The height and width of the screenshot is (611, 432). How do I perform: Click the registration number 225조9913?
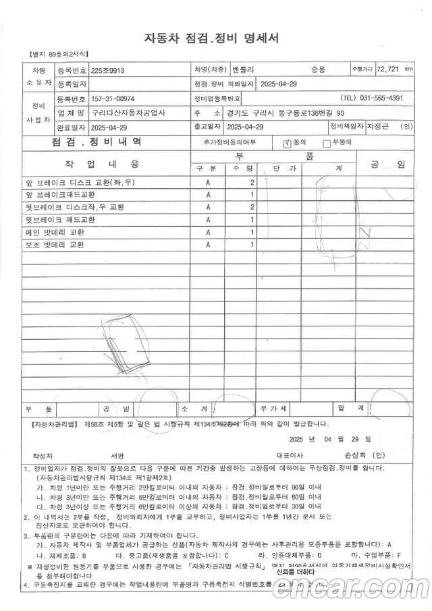[108, 69]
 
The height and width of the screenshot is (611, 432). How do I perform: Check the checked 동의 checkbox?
[287, 142]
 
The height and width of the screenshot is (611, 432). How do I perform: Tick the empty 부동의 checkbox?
[327, 142]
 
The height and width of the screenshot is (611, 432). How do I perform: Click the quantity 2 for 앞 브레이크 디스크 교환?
[252, 182]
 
